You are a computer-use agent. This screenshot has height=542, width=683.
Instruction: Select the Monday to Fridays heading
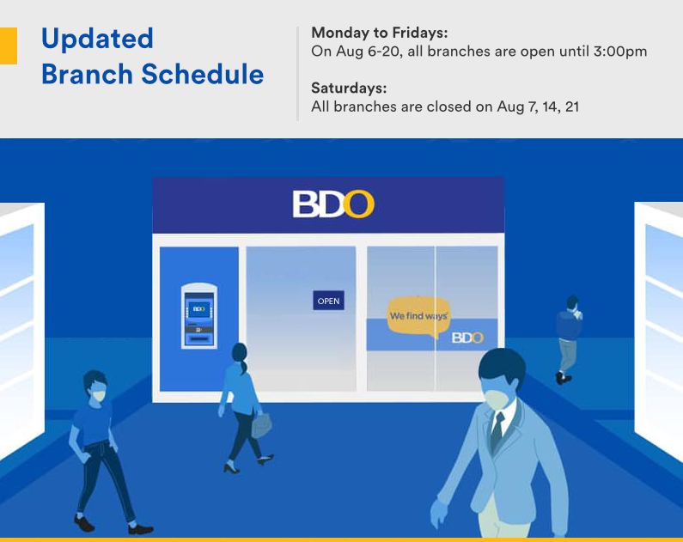point(379,33)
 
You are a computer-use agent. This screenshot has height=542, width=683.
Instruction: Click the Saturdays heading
point(349,88)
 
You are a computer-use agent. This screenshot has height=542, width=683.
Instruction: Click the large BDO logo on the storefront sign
point(333,204)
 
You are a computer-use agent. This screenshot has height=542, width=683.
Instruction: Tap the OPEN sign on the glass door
point(328,301)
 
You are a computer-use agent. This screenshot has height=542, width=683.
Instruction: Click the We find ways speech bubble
point(418,316)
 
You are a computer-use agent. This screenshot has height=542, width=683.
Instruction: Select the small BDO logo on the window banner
point(467,338)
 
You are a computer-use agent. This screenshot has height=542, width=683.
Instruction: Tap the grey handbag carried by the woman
point(261,424)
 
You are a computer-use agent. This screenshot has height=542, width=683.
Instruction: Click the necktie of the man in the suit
point(497,429)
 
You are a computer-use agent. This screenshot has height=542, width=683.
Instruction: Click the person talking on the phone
point(567,338)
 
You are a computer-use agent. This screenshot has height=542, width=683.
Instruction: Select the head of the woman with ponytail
point(240,353)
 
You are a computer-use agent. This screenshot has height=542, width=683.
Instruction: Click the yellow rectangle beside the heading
point(8,46)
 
